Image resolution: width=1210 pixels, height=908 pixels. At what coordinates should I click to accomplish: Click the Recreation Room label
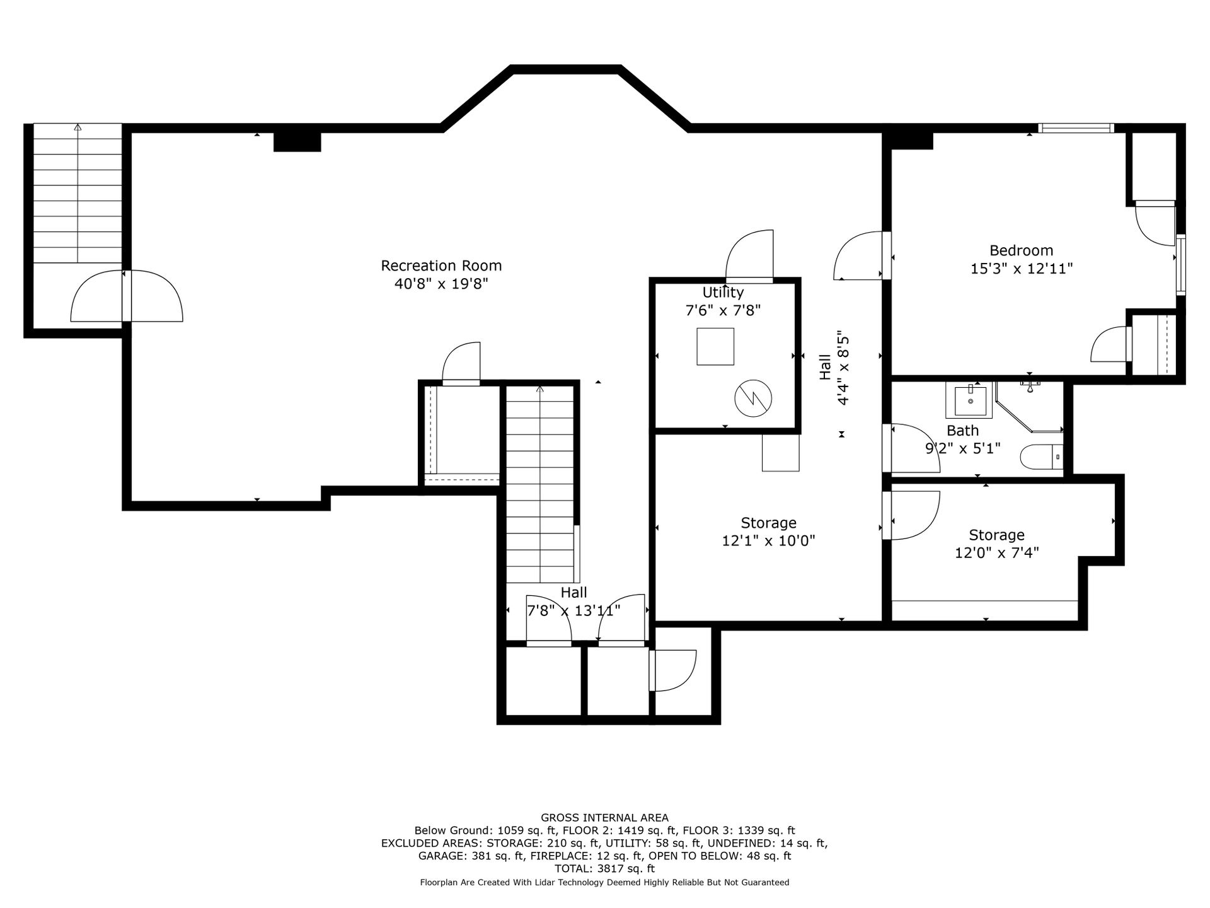pyautogui.click(x=441, y=265)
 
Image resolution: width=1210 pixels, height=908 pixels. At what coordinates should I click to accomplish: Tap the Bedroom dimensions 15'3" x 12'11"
pyautogui.click(x=1021, y=269)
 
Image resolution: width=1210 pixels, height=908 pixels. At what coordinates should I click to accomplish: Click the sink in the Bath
pyautogui.click(x=969, y=400)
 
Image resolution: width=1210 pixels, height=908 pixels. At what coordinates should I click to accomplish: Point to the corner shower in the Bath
pyautogui.click(x=1028, y=407)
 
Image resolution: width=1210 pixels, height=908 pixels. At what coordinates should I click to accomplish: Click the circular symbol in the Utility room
pyautogui.click(x=753, y=398)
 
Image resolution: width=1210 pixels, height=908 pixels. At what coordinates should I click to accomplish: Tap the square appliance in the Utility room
pyautogui.click(x=715, y=346)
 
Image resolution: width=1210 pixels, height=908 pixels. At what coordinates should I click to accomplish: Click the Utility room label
pyautogui.click(x=723, y=293)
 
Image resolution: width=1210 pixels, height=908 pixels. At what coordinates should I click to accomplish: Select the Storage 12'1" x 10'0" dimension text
pyautogui.click(x=768, y=540)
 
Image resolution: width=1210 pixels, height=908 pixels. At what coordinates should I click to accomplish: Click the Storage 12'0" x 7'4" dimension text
pyautogui.click(x=996, y=552)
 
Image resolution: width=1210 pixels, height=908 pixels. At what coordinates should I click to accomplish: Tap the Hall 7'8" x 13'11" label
pyautogui.click(x=573, y=602)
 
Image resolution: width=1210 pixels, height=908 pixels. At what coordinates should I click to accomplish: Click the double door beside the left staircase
pyautogui.click(x=127, y=296)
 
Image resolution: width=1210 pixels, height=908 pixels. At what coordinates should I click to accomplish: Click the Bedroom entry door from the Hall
pyautogui.click(x=861, y=255)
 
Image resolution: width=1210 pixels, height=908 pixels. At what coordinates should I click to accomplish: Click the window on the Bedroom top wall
pyautogui.click(x=1076, y=128)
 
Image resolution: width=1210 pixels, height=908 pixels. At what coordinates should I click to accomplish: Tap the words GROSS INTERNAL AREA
pyautogui.click(x=605, y=818)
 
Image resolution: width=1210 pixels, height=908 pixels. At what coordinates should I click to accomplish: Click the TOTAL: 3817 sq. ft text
pyautogui.click(x=605, y=868)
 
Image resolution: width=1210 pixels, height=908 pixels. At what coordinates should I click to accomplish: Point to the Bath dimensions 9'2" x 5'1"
pyautogui.click(x=962, y=448)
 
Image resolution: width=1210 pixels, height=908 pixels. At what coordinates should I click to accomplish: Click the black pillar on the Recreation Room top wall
pyautogui.click(x=297, y=142)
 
